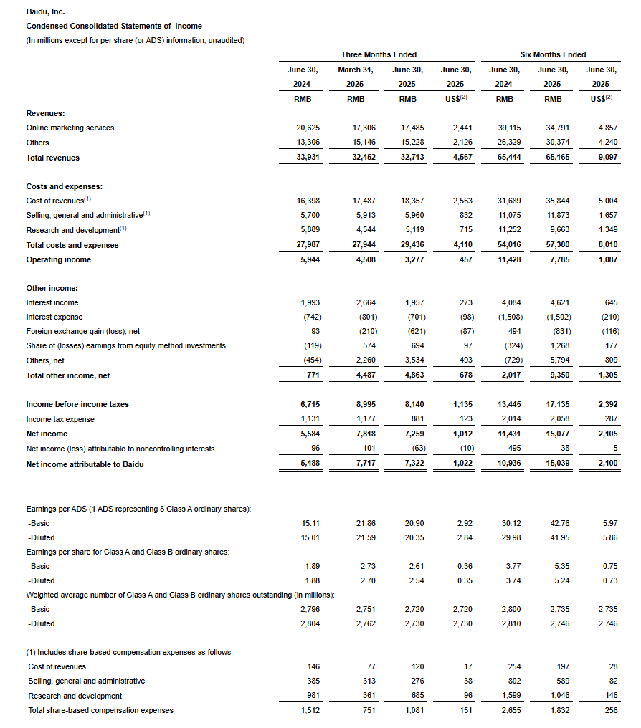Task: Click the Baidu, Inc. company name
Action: pyautogui.click(x=45, y=12)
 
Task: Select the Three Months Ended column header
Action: pyautogui.click(x=379, y=54)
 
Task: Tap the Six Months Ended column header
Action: pyautogui.click(x=553, y=54)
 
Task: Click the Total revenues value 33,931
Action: pyautogui.click(x=308, y=158)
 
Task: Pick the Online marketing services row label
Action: pyautogui.click(x=70, y=128)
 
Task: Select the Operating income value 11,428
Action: pyautogui.click(x=505, y=259)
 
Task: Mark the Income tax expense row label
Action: pyautogui.click(x=60, y=419)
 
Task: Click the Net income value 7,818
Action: pyautogui.click(x=359, y=434)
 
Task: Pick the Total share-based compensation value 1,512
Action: pyautogui.click(x=308, y=711)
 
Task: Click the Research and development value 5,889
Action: pyautogui.click(x=308, y=230)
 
